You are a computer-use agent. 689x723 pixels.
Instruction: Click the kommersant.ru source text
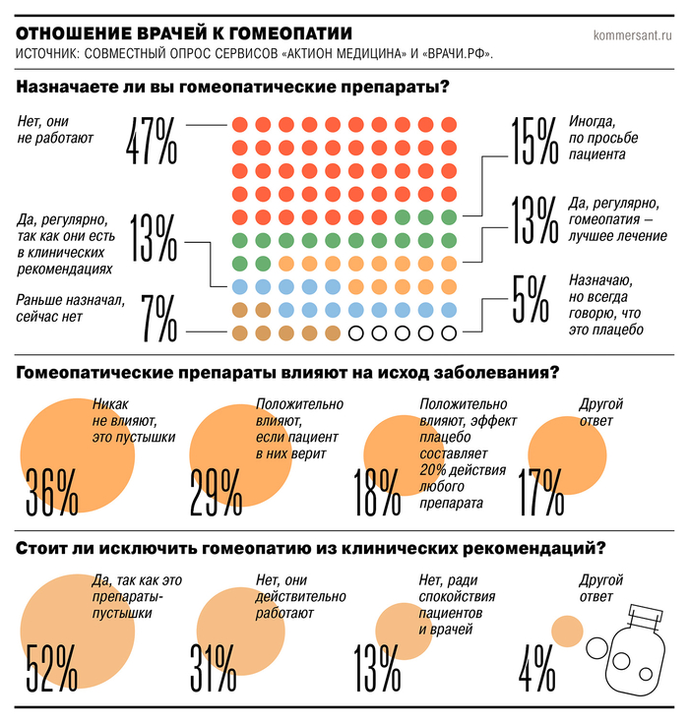coord(632,36)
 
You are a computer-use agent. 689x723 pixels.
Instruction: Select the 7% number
coord(157,316)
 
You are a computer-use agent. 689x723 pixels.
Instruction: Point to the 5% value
coord(529,298)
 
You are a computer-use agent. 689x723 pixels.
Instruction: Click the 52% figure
coord(51,666)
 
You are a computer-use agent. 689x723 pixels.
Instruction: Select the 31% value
coord(213,666)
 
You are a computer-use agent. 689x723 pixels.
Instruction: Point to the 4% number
coord(538,666)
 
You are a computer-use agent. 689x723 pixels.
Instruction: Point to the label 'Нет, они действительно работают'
coord(300,596)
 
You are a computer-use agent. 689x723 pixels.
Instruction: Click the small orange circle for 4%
coord(567,630)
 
